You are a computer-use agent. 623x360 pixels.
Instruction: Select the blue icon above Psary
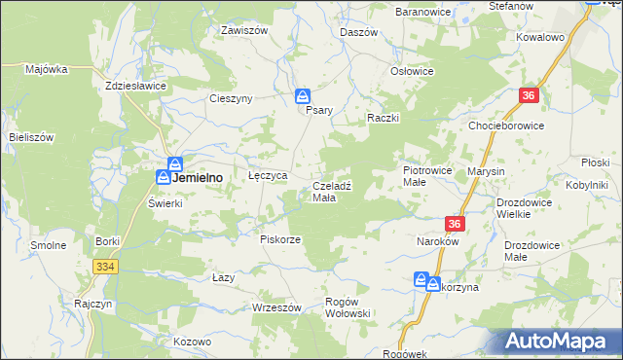303,95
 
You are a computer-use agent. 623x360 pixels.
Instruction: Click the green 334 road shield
106,266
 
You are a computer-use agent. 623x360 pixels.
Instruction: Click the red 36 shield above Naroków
458,224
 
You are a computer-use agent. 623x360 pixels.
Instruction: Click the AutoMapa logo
559,342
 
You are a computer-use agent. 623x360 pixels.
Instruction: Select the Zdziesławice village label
136,86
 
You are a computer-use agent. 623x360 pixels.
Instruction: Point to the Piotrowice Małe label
428,175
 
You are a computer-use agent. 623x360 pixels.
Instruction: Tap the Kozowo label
193,342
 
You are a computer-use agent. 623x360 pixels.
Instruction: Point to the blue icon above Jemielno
174,163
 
